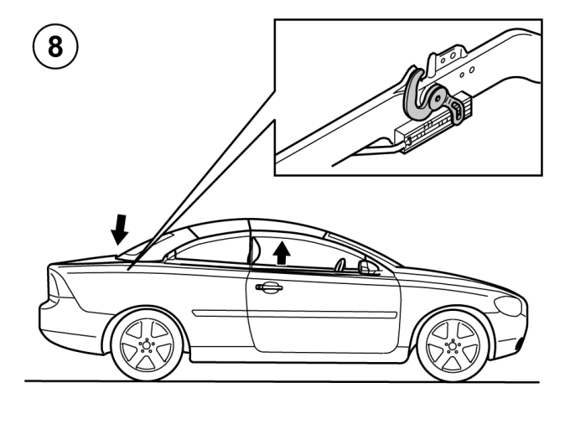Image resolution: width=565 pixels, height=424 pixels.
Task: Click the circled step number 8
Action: [55, 46]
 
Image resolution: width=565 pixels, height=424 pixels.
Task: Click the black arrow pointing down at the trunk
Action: [120, 230]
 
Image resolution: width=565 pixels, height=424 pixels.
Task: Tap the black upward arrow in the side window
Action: [282, 252]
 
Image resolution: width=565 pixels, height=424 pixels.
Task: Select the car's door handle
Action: [269, 287]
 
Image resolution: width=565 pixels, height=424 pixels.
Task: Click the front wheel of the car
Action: [453, 346]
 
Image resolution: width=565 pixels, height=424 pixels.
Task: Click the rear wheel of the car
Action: [147, 345]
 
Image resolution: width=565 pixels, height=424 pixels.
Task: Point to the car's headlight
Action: [509, 306]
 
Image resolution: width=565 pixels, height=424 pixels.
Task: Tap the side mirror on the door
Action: [367, 267]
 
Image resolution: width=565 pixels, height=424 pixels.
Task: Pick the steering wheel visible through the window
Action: [340, 265]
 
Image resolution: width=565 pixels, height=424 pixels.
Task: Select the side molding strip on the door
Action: [294, 313]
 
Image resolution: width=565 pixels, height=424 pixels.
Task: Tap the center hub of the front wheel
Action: [453, 346]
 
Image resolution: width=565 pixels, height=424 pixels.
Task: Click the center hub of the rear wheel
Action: [147, 345]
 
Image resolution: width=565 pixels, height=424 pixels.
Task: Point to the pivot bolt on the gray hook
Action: [438, 98]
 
